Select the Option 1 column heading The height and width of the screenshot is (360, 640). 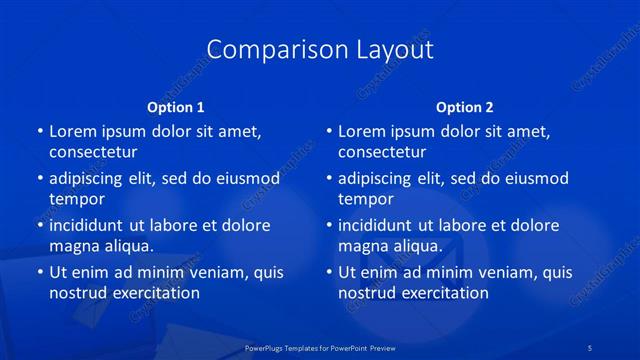click(176, 107)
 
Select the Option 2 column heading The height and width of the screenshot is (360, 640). click(465, 107)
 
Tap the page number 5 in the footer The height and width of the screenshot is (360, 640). click(591, 347)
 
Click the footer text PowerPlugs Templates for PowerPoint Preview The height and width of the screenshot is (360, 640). click(320, 347)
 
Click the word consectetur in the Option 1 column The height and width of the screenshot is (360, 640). click(93, 152)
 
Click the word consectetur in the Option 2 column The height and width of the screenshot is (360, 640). click(382, 152)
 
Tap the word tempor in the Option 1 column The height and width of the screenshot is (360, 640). click(77, 199)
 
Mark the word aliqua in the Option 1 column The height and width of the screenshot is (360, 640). click(128, 246)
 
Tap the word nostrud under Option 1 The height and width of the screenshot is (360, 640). click(78, 293)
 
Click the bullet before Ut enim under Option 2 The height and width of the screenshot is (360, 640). click(329, 272)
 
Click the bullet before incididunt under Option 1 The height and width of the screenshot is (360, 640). click(40, 225)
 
